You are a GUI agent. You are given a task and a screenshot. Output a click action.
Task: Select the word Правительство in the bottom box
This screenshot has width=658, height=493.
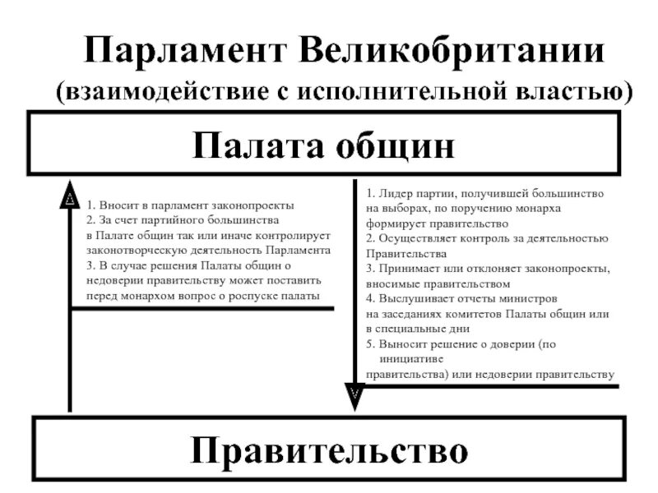329,449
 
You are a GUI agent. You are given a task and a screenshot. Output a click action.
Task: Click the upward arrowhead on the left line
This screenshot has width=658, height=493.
71,198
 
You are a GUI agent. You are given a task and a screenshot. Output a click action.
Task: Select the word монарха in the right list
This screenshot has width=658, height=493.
538,208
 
